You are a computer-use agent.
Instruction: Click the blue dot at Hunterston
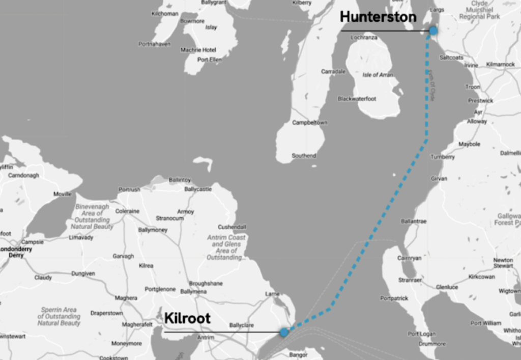pos(433,31)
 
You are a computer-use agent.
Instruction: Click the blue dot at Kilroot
pos(284,332)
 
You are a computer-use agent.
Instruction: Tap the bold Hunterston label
pos(378,17)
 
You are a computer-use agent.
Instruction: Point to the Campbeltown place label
pos(309,123)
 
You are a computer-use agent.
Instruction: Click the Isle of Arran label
pos(378,75)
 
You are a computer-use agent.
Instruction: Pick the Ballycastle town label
pos(198,189)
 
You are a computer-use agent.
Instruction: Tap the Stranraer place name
pos(410,280)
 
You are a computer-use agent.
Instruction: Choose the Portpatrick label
pos(394,298)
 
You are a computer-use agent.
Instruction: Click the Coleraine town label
pos(127,211)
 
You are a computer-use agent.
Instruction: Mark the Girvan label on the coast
pos(439,179)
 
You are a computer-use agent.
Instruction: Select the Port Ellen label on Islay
pos(209,60)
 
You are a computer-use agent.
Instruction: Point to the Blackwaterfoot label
pos(357,99)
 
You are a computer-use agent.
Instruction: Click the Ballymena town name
pos(193,292)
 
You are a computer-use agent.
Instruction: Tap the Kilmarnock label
pos(501,65)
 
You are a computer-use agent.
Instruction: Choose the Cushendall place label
pos(232,227)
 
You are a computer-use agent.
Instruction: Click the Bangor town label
pos(298,354)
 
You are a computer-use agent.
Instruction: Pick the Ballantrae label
pos(414,221)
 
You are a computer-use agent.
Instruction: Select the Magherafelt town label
pos(137,324)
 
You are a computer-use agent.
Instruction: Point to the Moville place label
pos(63,194)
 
